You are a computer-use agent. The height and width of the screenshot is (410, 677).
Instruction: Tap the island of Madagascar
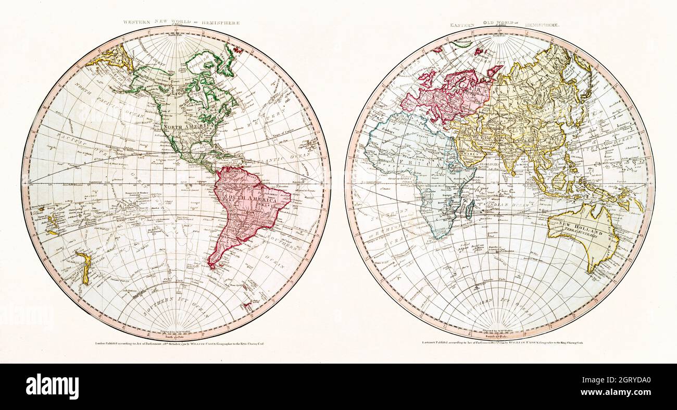pyautogui.click(x=471, y=209)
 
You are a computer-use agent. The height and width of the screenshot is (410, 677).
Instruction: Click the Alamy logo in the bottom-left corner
pyautogui.click(x=52, y=387)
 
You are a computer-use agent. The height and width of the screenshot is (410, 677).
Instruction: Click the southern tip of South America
pyautogui.click(x=212, y=267)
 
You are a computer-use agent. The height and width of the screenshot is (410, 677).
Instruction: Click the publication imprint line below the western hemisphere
pyautogui.click(x=176, y=344)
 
